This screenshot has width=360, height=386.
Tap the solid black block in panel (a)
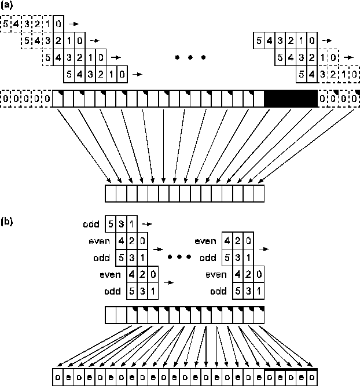(290, 98)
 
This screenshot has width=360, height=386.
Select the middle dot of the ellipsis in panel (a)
(191, 58)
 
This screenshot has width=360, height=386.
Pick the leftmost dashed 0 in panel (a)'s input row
(6, 99)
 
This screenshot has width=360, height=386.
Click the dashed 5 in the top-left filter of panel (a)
(6, 24)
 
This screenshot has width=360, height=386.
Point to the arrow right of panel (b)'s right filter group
(265, 248)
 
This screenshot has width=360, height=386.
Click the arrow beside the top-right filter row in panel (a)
(328, 41)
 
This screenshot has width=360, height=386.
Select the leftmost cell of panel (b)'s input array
(111, 314)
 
